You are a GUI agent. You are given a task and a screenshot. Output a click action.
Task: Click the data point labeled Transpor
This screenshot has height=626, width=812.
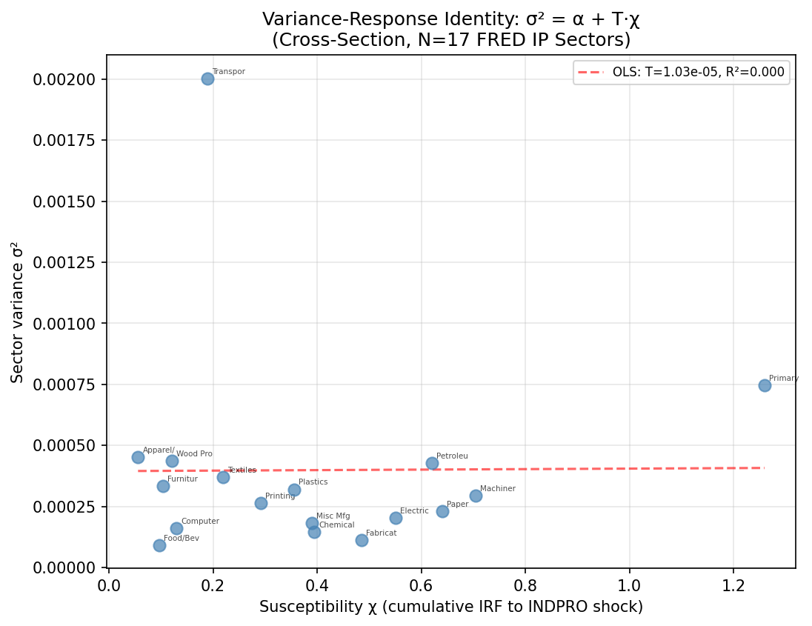coord(207,79)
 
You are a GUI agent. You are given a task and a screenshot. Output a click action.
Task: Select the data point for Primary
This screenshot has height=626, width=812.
coord(765,385)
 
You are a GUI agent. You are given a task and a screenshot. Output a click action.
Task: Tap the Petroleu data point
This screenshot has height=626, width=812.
coord(432,463)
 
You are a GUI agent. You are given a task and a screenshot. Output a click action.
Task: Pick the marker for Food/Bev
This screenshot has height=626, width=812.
coord(159,545)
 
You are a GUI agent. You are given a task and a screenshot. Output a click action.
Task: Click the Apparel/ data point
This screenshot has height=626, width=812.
coord(138,457)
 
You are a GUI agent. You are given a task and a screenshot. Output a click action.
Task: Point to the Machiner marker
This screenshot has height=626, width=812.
coord(476,496)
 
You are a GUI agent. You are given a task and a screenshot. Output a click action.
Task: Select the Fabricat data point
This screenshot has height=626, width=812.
coord(362,540)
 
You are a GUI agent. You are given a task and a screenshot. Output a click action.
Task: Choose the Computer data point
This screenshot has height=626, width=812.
coord(176,528)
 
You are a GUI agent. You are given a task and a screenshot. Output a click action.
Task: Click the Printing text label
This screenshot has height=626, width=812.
coord(280,496)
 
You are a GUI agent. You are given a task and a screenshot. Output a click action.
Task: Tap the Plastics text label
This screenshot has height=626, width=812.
coord(313,482)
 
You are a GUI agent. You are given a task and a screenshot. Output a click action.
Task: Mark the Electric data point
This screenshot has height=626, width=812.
coord(396,518)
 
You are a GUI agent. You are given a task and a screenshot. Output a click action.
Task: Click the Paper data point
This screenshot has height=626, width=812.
coord(442,511)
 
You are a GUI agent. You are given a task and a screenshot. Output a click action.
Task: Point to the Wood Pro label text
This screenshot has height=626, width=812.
coord(194,454)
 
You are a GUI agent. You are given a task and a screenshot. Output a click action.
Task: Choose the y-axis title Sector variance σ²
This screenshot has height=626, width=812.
coord(17,311)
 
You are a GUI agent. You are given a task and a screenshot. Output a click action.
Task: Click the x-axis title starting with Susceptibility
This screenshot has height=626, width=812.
coord(450,607)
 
